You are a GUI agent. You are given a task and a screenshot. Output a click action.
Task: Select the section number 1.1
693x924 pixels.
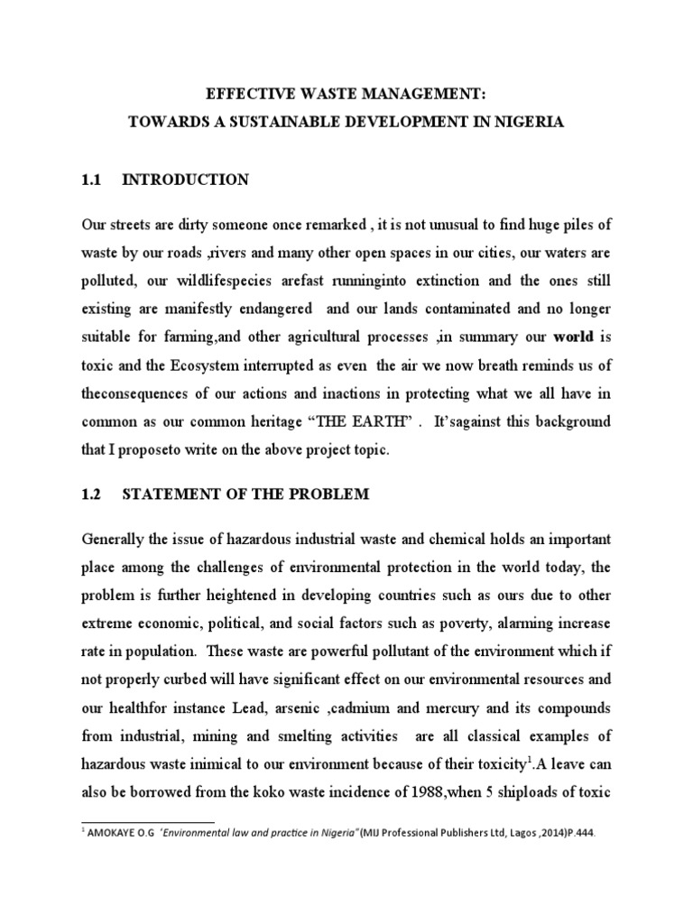(93, 180)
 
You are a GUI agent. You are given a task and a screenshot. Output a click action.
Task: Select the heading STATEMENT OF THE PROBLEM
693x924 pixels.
(245, 495)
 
